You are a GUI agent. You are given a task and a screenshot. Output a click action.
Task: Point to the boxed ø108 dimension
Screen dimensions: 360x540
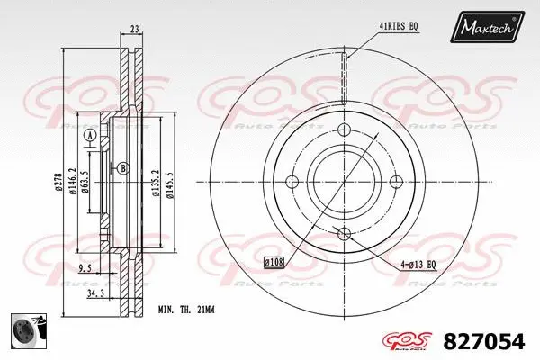coord(274,262)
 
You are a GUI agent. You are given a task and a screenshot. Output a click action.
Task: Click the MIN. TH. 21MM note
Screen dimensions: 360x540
coord(187,310)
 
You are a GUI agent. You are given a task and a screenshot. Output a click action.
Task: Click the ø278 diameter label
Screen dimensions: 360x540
coord(58,183)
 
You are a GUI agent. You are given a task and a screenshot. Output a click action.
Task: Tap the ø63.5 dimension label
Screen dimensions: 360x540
coord(85,183)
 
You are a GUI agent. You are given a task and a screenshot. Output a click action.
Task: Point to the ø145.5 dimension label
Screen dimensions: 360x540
coord(171,183)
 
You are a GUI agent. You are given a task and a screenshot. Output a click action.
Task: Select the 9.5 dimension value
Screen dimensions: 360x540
coord(84,267)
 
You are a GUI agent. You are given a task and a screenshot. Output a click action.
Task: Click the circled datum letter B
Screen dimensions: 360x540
coord(123,168)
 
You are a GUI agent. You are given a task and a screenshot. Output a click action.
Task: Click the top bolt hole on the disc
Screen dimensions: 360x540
coord(343,130)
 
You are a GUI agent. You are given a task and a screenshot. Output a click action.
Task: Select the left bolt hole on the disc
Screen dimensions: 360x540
coord(292,183)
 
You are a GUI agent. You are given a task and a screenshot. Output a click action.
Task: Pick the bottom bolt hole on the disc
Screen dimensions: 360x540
coord(343,234)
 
